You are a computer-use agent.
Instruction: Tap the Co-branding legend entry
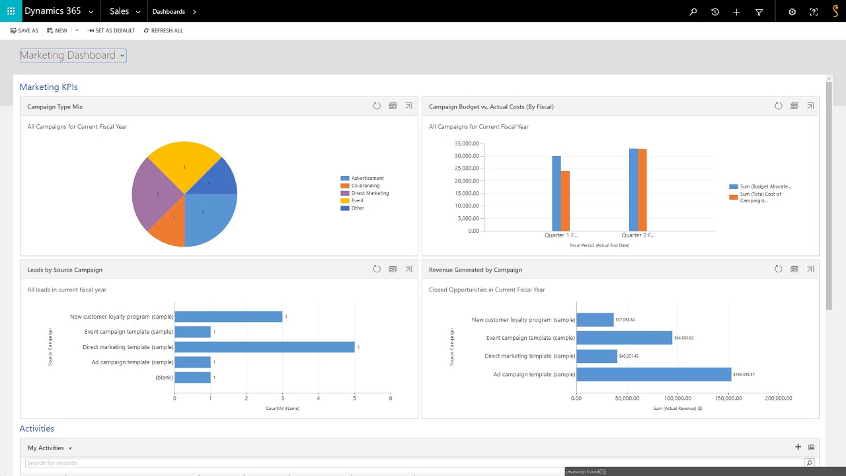pyautogui.click(x=365, y=186)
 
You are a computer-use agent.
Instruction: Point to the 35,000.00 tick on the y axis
pyautogui.click(x=467, y=143)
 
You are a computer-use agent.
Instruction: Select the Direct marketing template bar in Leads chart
pyautogui.click(x=264, y=347)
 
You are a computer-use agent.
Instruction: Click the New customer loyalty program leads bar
pyautogui.click(x=228, y=317)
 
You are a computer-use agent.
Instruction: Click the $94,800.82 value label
pyautogui.click(x=683, y=338)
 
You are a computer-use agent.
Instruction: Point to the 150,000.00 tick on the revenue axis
pyautogui.click(x=727, y=398)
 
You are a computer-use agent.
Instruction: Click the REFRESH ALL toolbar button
pyautogui.click(x=163, y=30)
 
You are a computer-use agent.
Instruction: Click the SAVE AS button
pyautogui.click(x=24, y=30)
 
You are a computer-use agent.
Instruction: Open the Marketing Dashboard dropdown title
pyautogui.click(x=73, y=56)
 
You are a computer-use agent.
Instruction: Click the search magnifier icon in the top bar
pyautogui.click(x=693, y=12)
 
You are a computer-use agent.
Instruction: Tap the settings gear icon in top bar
pyautogui.click(x=792, y=12)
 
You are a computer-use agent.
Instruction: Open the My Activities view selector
pyautogui.click(x=50, y=448)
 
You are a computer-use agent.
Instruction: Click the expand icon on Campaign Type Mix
pyautogui.click(x=408, y=106)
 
